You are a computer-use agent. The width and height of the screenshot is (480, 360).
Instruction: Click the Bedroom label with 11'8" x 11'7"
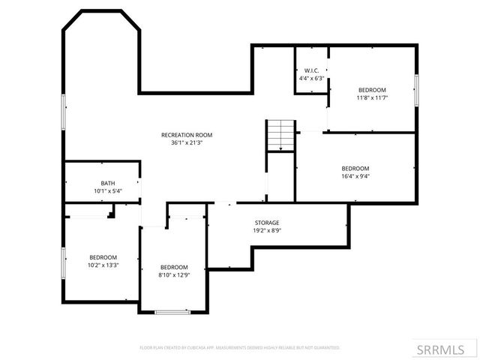371,89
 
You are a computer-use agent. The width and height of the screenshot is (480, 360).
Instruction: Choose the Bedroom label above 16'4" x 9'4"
355,168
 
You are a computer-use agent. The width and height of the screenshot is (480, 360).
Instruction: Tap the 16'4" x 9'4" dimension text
355,176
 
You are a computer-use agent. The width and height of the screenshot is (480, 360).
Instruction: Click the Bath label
108,183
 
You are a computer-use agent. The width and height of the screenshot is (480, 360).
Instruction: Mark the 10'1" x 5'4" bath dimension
108,191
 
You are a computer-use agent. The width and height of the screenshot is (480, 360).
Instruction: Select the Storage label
266,223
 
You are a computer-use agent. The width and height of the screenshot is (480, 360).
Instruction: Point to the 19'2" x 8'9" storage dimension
266,231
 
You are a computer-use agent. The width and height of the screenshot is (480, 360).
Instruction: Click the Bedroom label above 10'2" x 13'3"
103,256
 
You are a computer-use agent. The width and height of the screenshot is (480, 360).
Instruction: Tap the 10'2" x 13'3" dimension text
103,265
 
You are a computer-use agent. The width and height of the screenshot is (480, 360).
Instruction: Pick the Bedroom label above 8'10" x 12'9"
174,267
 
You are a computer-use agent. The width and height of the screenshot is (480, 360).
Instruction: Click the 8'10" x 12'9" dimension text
174,275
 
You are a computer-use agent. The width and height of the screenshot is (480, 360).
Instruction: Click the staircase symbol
280,135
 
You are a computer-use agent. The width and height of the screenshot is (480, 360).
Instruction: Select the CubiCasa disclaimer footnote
240,348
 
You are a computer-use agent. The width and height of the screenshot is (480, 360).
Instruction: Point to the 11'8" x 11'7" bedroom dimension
371,97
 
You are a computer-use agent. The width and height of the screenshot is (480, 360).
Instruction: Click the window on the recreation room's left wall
64,112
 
